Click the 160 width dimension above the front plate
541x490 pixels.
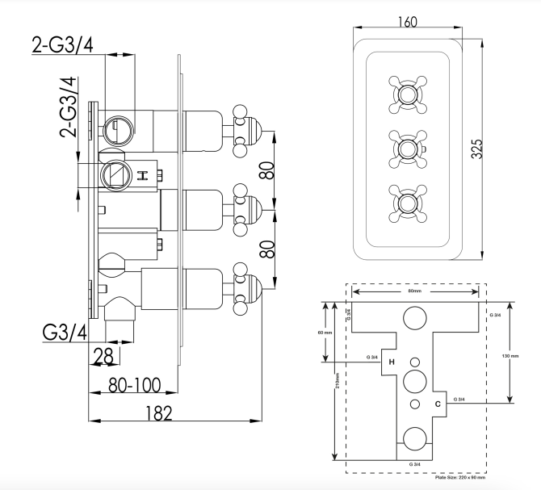tap(408, 22)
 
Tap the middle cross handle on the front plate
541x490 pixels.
tap(406, 148)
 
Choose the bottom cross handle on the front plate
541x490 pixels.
tap(406, 201)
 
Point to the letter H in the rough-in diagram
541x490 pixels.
tap(392, 362)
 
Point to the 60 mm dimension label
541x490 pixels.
tap(321, 333)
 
